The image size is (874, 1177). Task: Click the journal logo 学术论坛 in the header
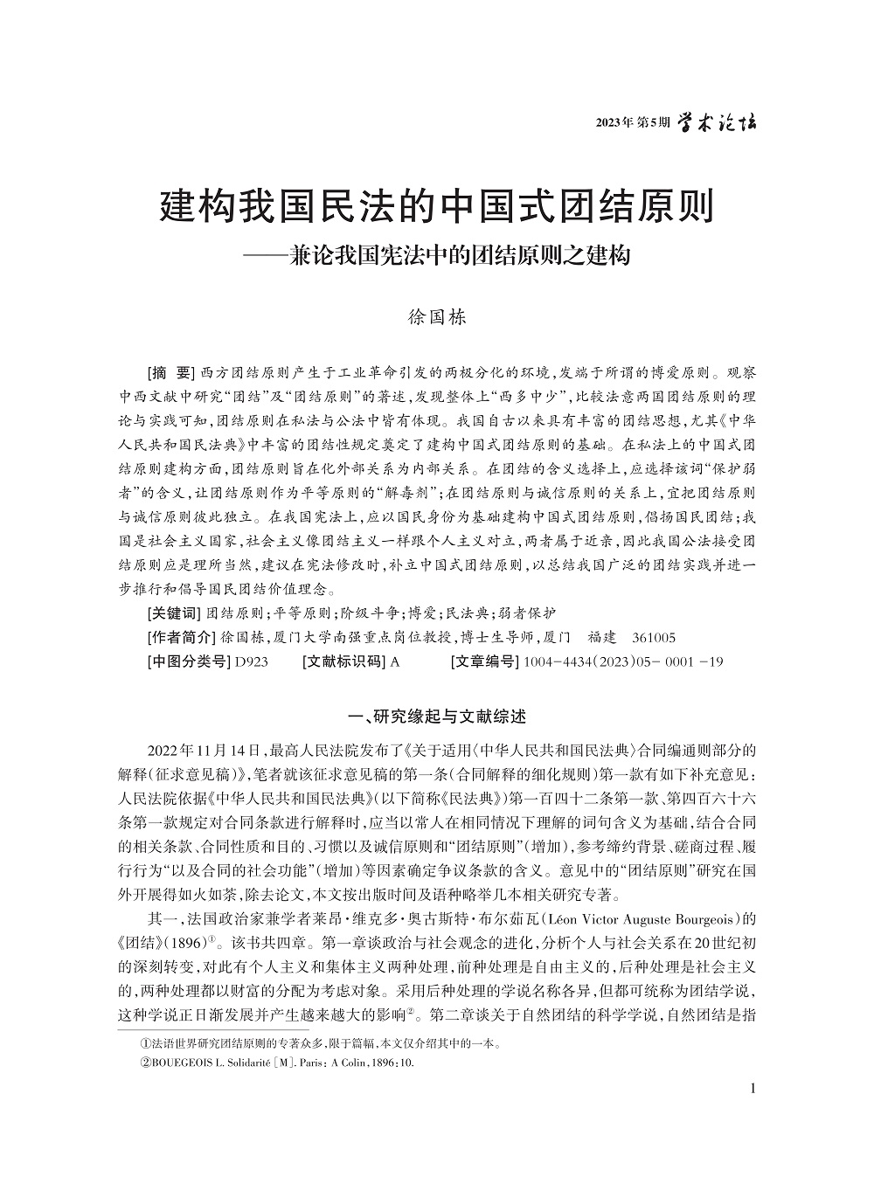click(718, 123)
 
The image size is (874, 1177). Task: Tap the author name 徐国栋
click(438, 316)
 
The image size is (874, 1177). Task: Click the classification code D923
click(251, 661)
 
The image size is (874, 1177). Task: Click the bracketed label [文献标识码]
click(343, 661)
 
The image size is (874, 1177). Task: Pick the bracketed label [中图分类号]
click(189, 661)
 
